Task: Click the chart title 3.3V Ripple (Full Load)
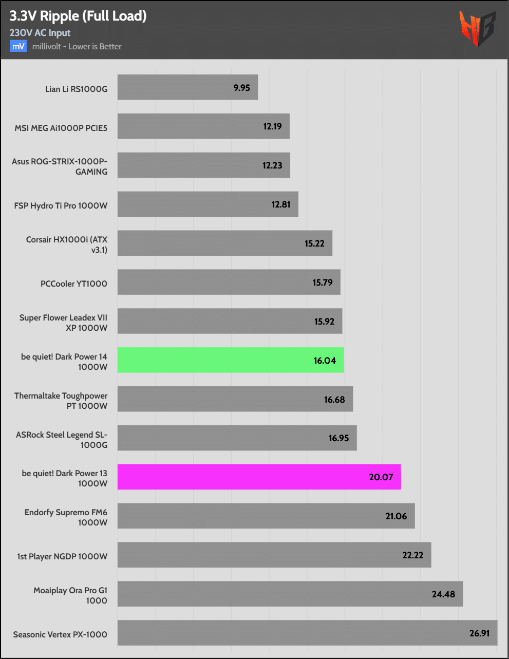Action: pos(78,16)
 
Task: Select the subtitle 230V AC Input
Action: pos(40,33)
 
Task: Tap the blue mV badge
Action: pos(18,46)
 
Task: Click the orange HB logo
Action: pos(477,28)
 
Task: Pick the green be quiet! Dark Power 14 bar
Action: pos(231,360)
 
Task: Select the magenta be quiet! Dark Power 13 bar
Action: pos(259,477)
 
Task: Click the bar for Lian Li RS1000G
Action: pos(187,87)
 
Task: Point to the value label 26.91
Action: pos(479,633)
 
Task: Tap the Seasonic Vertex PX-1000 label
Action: pos(60,634)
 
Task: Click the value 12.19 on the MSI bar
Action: pos(272,126)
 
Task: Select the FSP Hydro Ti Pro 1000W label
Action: pos(61,205)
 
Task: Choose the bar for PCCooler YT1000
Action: pos(229,282)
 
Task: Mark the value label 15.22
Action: pos(314,243)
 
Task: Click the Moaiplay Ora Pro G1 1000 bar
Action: pos(290,594)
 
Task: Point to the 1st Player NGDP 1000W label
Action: pos(62,556)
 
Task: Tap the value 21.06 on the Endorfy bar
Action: pos(396,516)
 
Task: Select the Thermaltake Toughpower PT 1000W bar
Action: pos(235,399)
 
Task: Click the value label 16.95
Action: pos(338,438)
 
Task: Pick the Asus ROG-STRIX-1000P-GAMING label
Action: pos(60,166)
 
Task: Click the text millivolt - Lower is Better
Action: pos(77,46)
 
